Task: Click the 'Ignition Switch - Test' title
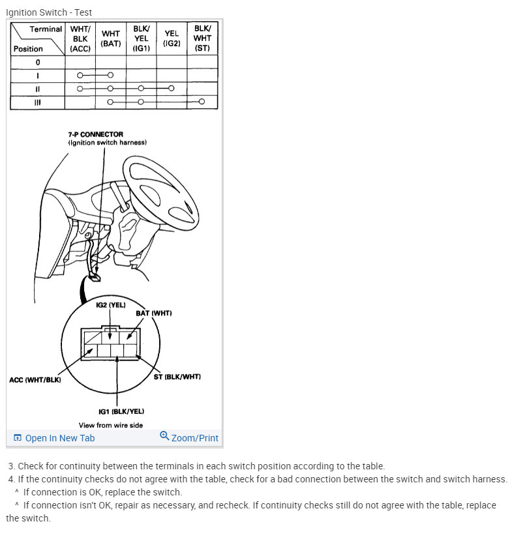point(49,12)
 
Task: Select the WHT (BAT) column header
point(110,38)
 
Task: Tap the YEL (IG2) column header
point(171,38)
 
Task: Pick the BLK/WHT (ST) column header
point(202,38)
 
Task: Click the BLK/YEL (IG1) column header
point(140,38)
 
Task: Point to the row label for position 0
point(38,62)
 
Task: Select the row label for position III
point(38,102)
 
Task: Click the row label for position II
point(38,88)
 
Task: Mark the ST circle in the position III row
point(202,102)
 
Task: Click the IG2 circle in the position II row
point(171,88)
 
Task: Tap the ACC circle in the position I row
point(80,75)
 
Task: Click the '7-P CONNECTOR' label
point(95,134)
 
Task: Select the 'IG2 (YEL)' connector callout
point(110,305)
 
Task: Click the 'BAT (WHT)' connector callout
point(154,314)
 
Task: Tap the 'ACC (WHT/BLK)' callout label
point(35,380)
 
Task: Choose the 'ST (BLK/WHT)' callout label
point(177,377)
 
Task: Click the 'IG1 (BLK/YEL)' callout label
point(121,411)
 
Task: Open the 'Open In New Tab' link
point(54,438)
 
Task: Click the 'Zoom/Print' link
point(189,437)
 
